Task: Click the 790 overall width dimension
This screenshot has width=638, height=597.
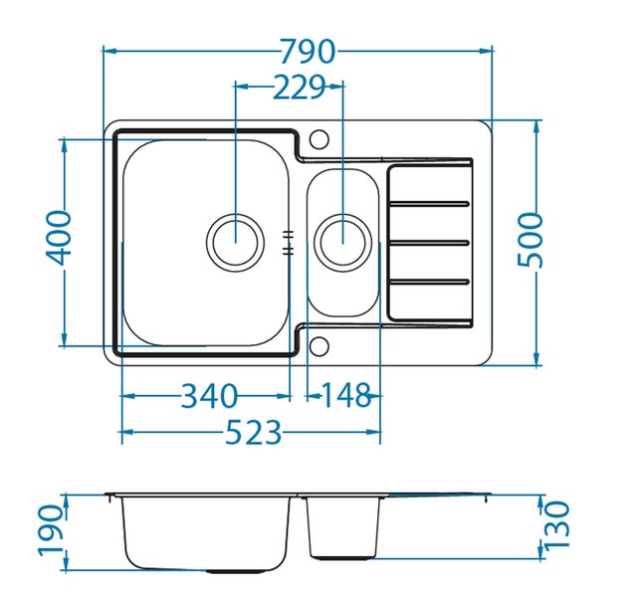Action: (x=309, y=51)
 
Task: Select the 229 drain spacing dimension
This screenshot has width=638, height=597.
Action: (x=299, y=87)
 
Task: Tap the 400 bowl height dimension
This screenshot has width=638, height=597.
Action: (x=59, y=238)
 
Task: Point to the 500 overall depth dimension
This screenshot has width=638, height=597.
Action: (x=531, y=240)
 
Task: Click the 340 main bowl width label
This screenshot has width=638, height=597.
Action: (x=209, y=396)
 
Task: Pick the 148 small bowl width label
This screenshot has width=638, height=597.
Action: (x=345, y=395)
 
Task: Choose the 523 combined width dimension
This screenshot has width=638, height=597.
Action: (x=253, y=432)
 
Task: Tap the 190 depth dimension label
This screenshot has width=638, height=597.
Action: (x=52, y=530)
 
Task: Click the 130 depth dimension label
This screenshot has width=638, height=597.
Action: (x=556, y=526)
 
